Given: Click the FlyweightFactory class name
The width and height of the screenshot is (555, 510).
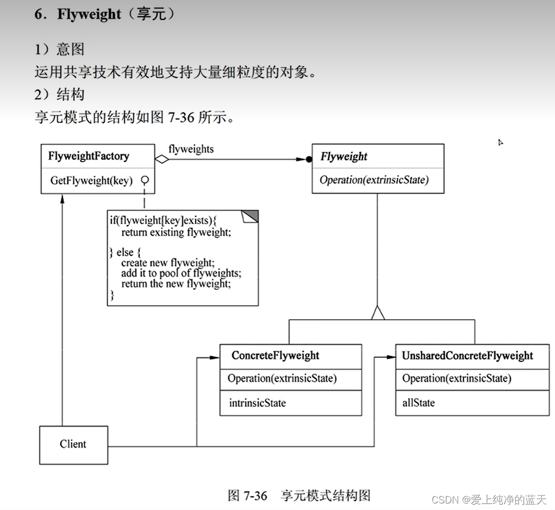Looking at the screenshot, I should (89, 157).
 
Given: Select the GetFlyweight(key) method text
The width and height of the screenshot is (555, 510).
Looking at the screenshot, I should (91, 181).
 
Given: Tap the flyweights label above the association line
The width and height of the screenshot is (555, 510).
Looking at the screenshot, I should (191, 148).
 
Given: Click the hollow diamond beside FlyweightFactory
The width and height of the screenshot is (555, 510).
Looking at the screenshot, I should (161, 159).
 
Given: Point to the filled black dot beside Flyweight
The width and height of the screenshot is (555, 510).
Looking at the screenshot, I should (309, 159).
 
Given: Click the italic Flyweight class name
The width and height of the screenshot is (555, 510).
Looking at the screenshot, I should (344, 157).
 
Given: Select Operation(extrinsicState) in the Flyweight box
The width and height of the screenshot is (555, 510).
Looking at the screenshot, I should (374, 180).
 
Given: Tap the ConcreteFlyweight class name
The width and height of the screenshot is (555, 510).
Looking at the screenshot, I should (275, 356).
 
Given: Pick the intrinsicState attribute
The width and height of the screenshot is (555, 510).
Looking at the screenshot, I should (257, 403).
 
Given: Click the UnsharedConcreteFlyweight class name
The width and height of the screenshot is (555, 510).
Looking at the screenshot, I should (467, 356).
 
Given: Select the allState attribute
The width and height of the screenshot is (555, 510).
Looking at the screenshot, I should (418, 403).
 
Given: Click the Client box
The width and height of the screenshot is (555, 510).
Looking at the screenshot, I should (73, 444).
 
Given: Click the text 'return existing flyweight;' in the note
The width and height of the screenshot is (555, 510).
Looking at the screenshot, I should (176, 232).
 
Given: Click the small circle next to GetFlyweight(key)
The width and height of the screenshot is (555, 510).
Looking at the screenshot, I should (145, 180).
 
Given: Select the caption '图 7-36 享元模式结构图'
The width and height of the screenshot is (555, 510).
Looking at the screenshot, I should (300, 495).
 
